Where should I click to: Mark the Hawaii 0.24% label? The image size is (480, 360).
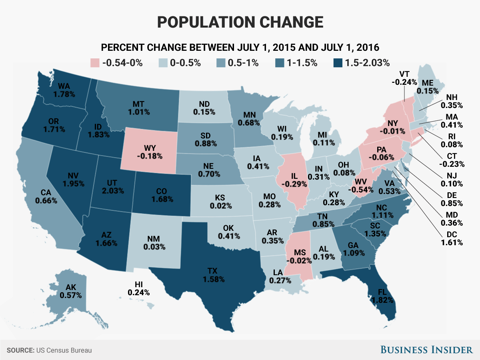pyautogui.click(x=139, y=288)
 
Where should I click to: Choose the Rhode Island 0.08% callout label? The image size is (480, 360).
pyautogui.click(x=456, y=140)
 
